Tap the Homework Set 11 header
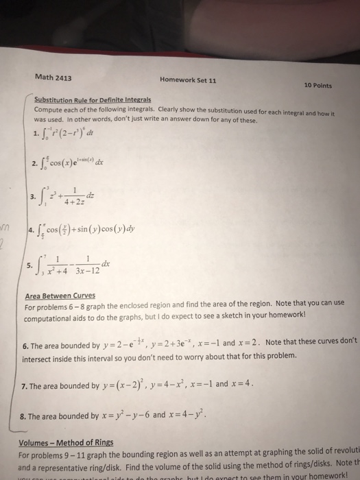point(188,80)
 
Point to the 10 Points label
point(316,85)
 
